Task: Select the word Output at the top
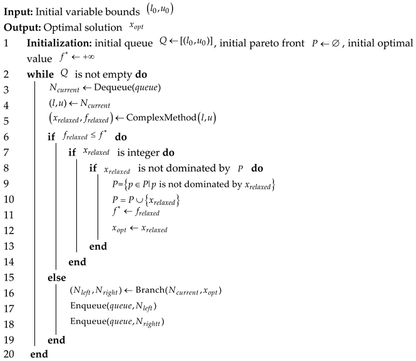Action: click(19, 28)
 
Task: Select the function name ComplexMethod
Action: click(176, 118)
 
